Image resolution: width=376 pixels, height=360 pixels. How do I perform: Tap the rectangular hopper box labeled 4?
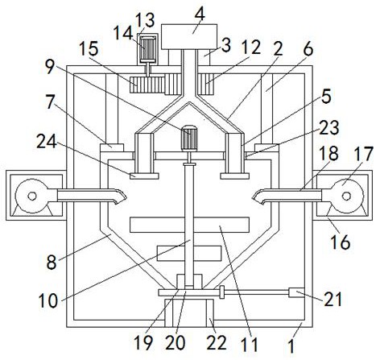pyautogui.click(x=189, y=37)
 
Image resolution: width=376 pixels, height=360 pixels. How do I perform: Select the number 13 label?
pyautogui.click(x=145, y=20)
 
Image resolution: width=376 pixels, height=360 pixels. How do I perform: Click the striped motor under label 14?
pyautogui.click(x=148, y=48)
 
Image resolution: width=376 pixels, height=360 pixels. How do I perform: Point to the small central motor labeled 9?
pyautogui.click(x=189, y=139)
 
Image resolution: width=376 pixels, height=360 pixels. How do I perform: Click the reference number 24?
pyautogui.click(x=47, y=141)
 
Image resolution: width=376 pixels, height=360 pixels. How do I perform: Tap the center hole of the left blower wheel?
pyautogui.click(x=32, y=197)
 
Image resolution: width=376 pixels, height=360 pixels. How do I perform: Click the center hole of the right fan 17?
pyautogui.click(x=346, y=197)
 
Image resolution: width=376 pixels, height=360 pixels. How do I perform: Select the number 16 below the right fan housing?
pyautogui.click(x=340, y=242)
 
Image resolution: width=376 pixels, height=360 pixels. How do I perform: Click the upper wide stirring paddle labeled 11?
pyautogui.click(x=189, y=225)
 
